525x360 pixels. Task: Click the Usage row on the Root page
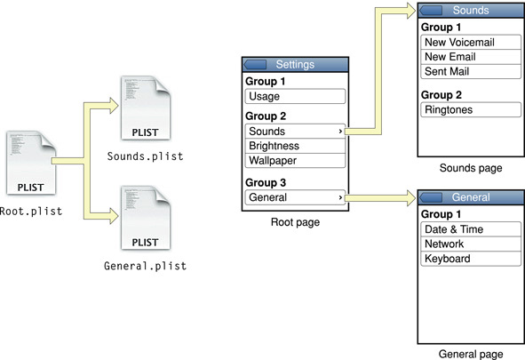coord(294,96)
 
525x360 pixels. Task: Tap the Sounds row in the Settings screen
coord(294,132)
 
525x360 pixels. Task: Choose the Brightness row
coord(294,146)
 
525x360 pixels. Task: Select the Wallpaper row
coord(294,161)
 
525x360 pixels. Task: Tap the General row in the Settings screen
coord(294,197)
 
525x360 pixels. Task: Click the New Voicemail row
coord(469,43)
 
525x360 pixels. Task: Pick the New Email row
coord(469,57)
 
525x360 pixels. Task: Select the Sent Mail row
coord(469,71)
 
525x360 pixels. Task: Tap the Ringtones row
coord(469,110)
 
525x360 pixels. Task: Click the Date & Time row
coord(469,229)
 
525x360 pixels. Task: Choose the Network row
coord(469,244)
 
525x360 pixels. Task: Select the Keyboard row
coord(469,259)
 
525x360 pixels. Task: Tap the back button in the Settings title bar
coord(256,65)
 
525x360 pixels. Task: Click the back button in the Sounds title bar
coord(432,10)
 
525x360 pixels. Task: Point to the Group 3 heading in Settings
coord(266,182)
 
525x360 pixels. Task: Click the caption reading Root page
coord(295,223)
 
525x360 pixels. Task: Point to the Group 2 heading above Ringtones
coord(442,94)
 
